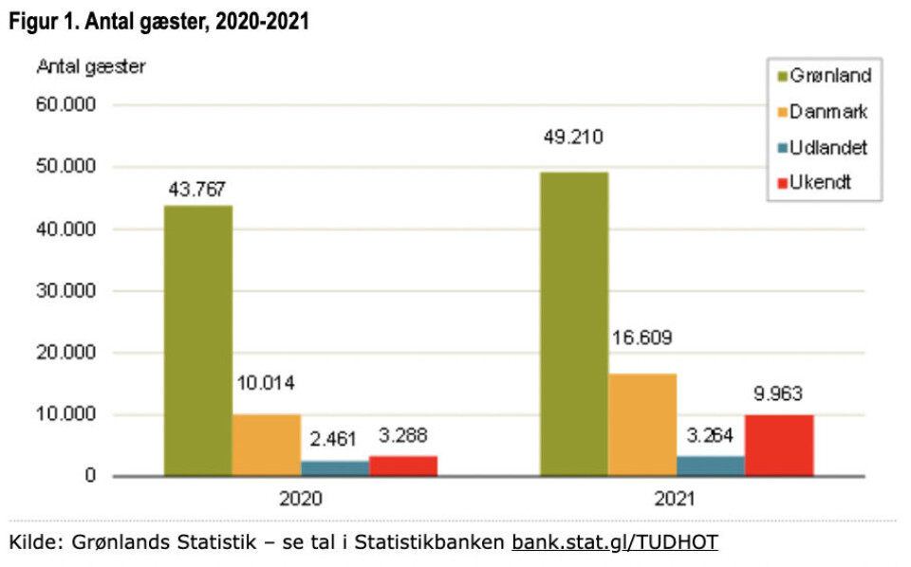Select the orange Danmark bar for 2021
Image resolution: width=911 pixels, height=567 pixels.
point(642,424)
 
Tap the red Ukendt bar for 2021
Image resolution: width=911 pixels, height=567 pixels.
point(778,445)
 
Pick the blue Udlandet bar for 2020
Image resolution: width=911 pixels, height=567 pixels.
point(335,467)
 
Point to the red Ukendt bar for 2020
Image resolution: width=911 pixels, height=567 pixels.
point(402,466)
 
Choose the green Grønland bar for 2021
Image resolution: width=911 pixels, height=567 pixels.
point(574,322)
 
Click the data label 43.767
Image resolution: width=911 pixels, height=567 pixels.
point(197,189)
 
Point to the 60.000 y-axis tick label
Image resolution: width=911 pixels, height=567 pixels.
point(66,105)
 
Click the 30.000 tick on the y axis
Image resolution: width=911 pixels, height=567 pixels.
point(66,291)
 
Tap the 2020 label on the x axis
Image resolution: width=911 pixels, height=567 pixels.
point(300,499)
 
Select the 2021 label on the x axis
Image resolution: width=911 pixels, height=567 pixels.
point(676,499)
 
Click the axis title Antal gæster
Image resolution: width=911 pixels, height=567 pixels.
point(91,66)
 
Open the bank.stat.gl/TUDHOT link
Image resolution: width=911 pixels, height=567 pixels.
point(614,542)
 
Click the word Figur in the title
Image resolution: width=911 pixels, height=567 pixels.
point(31,21)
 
